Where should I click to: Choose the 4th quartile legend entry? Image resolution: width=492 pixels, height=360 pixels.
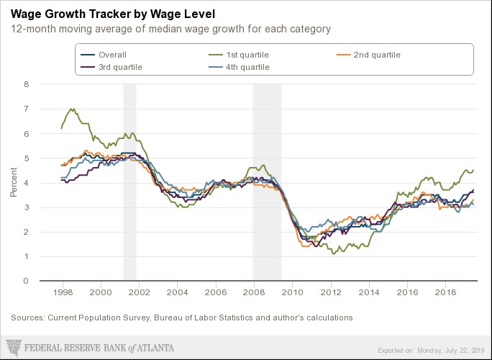click(249, 67)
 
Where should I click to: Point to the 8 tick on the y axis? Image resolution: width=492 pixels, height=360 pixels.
click(26, 84)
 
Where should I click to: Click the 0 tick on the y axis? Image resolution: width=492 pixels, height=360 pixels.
click(26, 282)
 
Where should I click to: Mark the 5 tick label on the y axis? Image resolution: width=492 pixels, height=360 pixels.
click(26, 158)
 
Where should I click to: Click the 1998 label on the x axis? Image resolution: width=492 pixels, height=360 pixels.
click(63, 294)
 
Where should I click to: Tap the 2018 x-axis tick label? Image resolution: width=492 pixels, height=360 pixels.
click(446, 294)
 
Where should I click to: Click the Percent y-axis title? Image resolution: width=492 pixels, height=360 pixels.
click(13, 183)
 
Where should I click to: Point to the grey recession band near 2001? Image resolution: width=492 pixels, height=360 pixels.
click(129, 180)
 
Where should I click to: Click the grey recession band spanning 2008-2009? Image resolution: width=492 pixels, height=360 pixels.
click(266, 180)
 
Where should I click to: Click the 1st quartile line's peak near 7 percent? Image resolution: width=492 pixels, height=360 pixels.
click(72, 109)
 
